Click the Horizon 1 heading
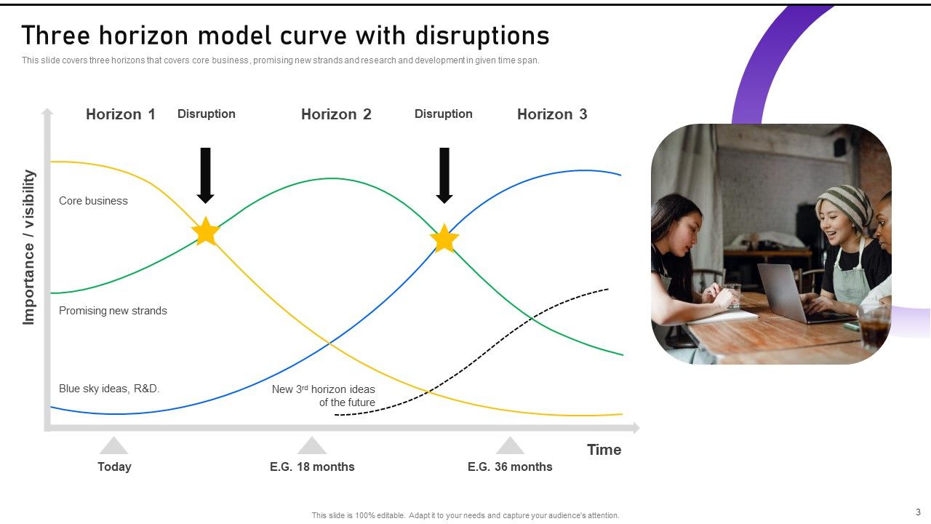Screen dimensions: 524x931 tap(121, 114)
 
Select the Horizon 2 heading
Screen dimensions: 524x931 tap(336, 114)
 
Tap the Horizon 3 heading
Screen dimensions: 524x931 tap(552, 114)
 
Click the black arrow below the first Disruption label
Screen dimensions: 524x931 tap(206, 175)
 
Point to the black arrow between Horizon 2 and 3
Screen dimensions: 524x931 tap(444, 175)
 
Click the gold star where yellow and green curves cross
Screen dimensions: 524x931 tap(206, 232)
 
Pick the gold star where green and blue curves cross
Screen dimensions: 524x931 tap(444, 239)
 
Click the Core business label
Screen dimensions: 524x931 tap(93, 201)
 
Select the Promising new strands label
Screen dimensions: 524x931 tap(113, 311)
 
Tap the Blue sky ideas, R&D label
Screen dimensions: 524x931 tap(109, 389)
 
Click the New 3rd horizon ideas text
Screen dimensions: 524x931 tap(324, 396)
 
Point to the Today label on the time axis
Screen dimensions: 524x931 tap(114, 467)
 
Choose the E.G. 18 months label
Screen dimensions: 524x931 tap(312, 467)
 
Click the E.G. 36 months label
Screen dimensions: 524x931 tap(510, 467)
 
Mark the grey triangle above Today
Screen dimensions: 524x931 tap(114, 446)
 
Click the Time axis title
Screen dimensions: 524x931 tap(604, 450)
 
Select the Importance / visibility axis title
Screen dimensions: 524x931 tap(29, 247)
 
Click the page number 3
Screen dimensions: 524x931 tap(918, 512)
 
